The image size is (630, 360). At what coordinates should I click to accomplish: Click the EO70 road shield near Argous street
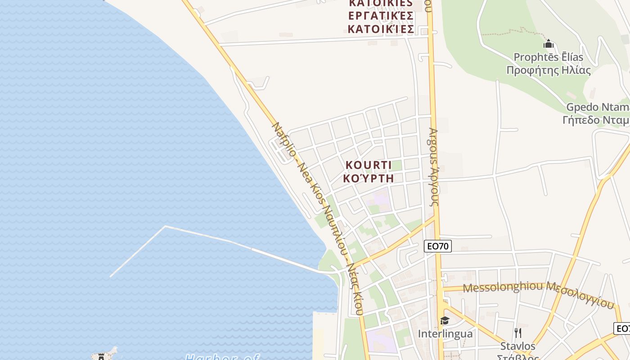point(438,246)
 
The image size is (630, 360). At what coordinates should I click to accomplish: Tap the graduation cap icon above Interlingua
point(445,320)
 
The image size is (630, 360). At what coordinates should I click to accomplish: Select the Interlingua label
point(445,333)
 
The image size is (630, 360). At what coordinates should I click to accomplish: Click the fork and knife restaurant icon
point(518,333)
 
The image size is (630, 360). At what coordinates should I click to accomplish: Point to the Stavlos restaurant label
point(518,346)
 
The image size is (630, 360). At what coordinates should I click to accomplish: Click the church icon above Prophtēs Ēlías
point(548,44)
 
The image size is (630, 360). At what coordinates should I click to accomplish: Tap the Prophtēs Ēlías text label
point(548,57)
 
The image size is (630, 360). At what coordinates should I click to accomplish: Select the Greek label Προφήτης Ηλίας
point(548,70)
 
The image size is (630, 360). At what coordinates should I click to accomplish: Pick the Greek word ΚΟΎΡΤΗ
point(368,178)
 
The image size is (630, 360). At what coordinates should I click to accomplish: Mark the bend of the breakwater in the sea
point(165,226)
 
